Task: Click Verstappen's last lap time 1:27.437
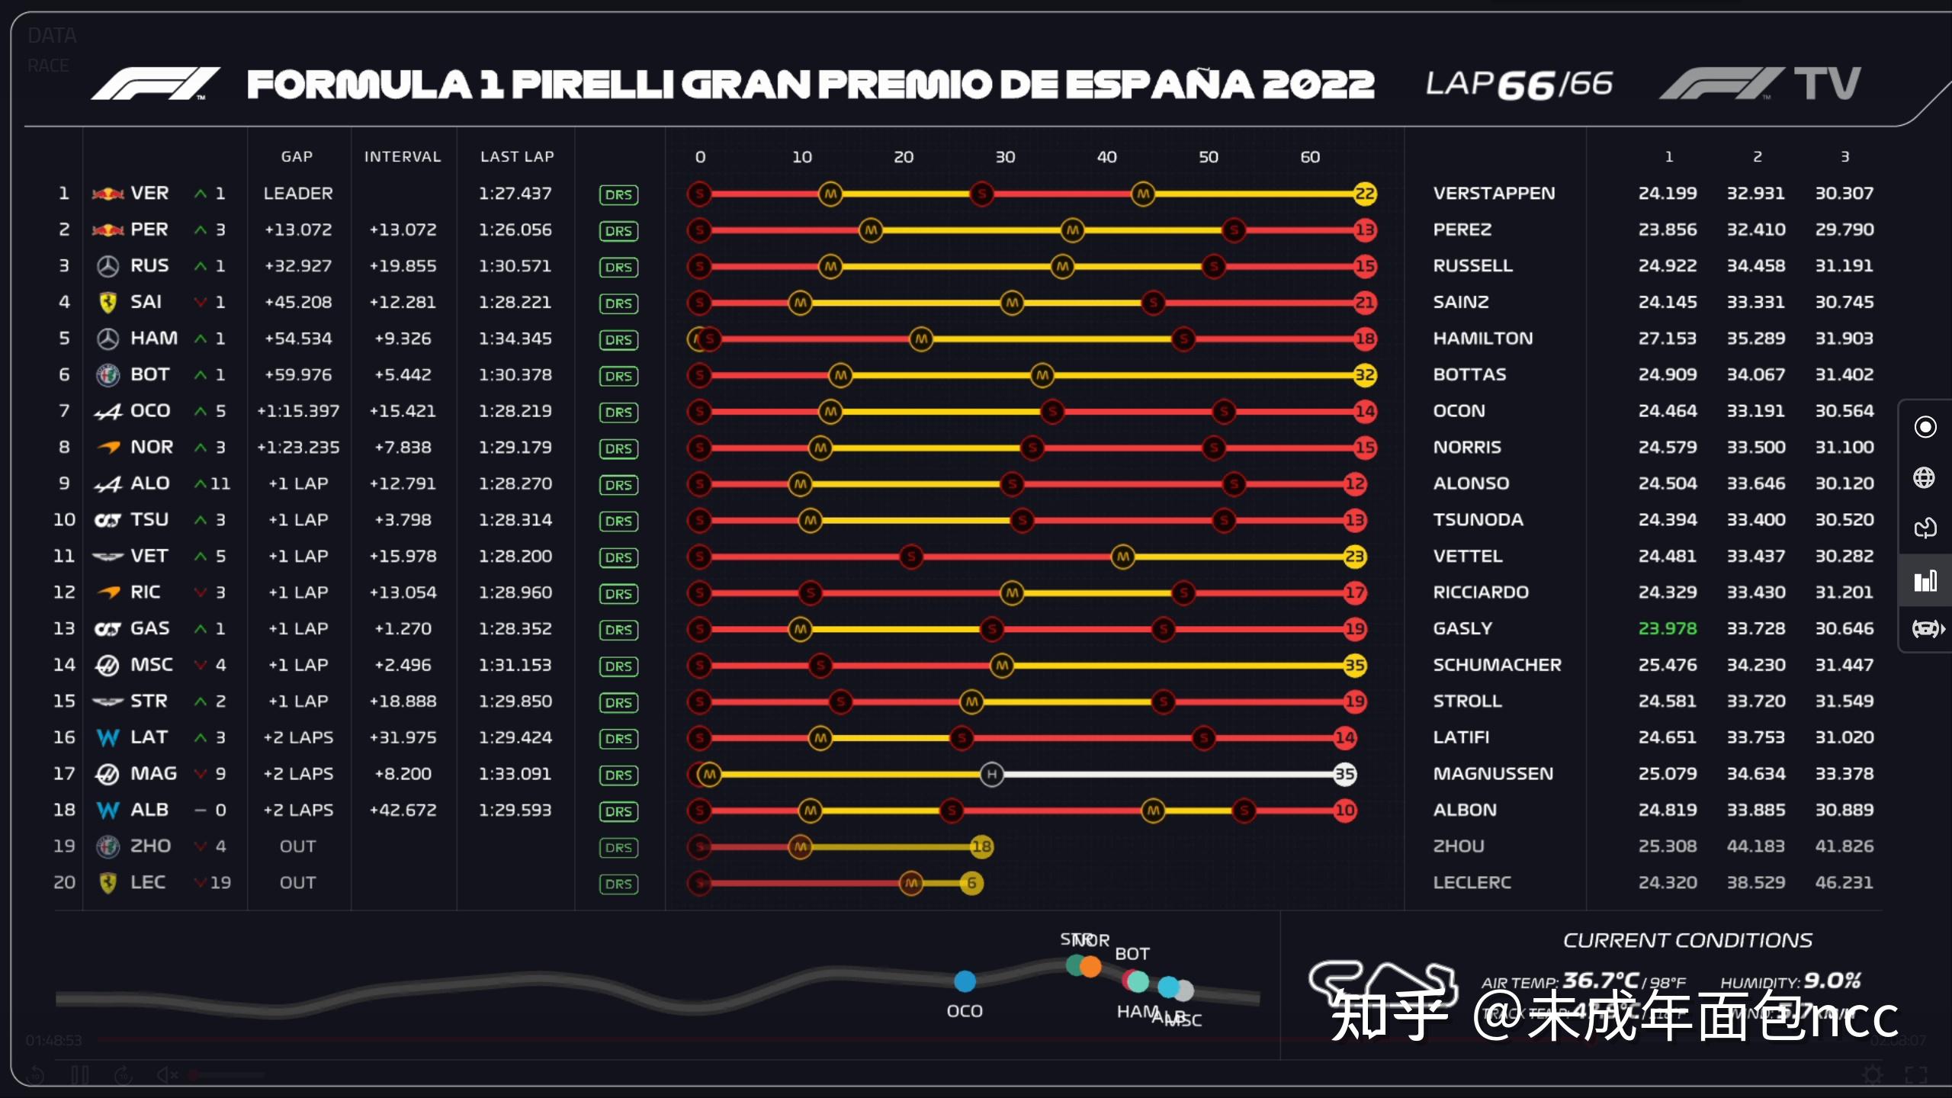pos(515,194)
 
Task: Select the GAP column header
pos(297,156)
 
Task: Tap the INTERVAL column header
pos(403,156)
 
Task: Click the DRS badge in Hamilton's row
pos(618,339)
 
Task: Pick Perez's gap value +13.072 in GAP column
pos(298,230)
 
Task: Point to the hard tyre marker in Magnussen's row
pos(991,775)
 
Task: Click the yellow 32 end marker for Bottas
pos(1364,375)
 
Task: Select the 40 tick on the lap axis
pos(1106,157)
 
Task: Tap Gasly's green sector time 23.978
pos(1668,628)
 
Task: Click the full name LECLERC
pos(1472,882)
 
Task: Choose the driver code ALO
pos(150,483)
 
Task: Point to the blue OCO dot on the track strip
pos(965,981)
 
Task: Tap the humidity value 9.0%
pos(1832,981)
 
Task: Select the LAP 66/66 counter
pos(1519,85)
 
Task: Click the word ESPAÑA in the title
pos(1159,85)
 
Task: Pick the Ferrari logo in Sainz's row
pos(108,303)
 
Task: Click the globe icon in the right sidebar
pos(1924,478)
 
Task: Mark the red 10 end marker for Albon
pos(1344,811)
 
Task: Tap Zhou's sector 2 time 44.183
pos(1755,846)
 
